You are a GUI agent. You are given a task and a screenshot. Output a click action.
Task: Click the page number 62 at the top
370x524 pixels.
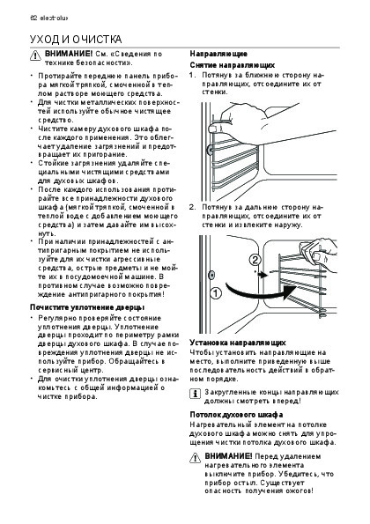(x=33, y=18)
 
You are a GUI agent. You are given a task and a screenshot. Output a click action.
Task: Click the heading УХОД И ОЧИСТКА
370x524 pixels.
(x=76, y=40)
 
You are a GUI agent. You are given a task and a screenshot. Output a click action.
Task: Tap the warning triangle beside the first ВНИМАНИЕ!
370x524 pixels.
(x=35, y=55)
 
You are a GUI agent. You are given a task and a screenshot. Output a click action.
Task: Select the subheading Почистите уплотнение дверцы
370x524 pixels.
(x=87, y=307)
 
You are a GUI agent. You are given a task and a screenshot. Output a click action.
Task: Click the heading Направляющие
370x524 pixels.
(x=218, y=54)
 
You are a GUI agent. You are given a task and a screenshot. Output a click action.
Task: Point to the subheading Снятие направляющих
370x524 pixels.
(x=233, y=65)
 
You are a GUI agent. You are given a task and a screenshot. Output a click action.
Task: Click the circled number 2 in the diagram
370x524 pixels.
(x=255, y=260)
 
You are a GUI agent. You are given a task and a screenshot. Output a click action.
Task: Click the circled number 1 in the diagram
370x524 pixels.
(x=216, y=293)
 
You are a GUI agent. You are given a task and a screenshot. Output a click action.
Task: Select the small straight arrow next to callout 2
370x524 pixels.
(x=262, y=275)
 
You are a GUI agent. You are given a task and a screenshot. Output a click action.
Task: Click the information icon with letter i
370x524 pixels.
(x=195, y=394)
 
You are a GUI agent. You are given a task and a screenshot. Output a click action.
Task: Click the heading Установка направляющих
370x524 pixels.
(x=238, y=343)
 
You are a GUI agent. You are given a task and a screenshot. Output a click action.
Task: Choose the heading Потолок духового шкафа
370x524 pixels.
(x=236, y=415)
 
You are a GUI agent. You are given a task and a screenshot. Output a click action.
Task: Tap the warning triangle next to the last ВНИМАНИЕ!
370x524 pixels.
(x=195, y=458)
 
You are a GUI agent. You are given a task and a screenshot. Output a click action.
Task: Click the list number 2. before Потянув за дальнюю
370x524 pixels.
(x=193, y=207)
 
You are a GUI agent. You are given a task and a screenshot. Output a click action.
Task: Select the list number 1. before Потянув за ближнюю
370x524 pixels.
(x=193, y=75)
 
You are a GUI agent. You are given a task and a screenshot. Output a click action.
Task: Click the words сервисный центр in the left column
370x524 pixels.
(x=70, y=370)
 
